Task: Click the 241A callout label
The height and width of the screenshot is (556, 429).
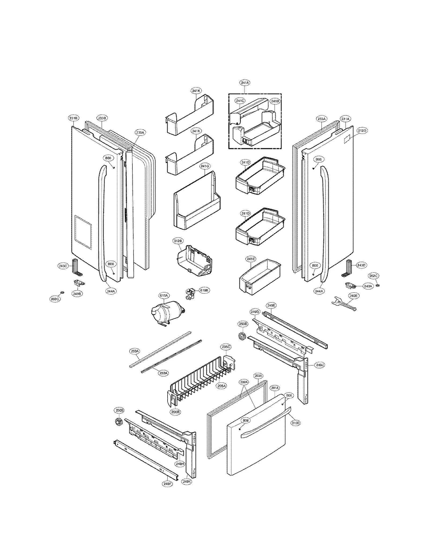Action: click(x=245, y=83)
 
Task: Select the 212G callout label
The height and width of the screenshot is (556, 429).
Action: click(x=362, y=131)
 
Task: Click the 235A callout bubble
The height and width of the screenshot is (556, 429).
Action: click(x=140, y=133)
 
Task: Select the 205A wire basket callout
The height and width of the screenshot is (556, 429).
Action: click(x=222, y=386)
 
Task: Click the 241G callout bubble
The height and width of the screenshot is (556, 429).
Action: click(x=205, y=166)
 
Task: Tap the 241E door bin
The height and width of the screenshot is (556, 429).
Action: click(x=259, y=277)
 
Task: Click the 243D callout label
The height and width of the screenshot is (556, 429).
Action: click(x=361, y=265)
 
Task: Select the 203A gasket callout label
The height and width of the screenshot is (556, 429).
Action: click(x=258, y=376)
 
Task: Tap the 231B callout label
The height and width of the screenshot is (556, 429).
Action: click(x=73, y=118)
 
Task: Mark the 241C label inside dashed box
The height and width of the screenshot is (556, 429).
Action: click(x=240, y=101)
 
